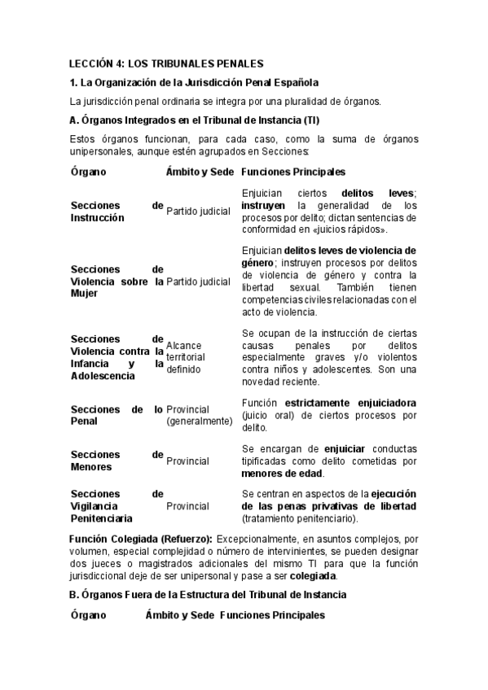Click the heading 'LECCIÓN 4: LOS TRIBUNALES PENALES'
(x=166, y=63)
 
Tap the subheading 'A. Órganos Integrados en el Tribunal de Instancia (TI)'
(x=195, y=120)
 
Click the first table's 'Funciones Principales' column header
(x=293, y=172)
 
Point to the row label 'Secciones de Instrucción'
(x=117, y=212)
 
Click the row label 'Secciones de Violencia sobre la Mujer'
(x=117, y=282)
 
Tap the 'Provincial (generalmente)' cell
(x=199, y=415)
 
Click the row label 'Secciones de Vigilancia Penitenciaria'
(x=117, y=505)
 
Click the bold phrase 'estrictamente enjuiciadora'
(x=350, y=403)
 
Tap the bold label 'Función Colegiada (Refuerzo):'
(x=141, y=539)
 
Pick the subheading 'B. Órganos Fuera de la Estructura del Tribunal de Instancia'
(x=208, y=595)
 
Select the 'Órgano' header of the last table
(x=88, y=616)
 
